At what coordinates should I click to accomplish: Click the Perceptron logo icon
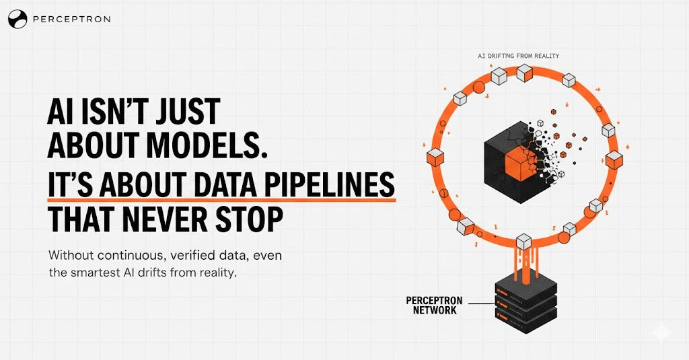pyautogui.click(x=17, y=20)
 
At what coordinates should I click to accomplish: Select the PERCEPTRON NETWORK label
pyautogui.click(x=431, y=305)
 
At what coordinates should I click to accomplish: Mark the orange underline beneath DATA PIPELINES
pyautogui.click(x=221, y=199)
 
